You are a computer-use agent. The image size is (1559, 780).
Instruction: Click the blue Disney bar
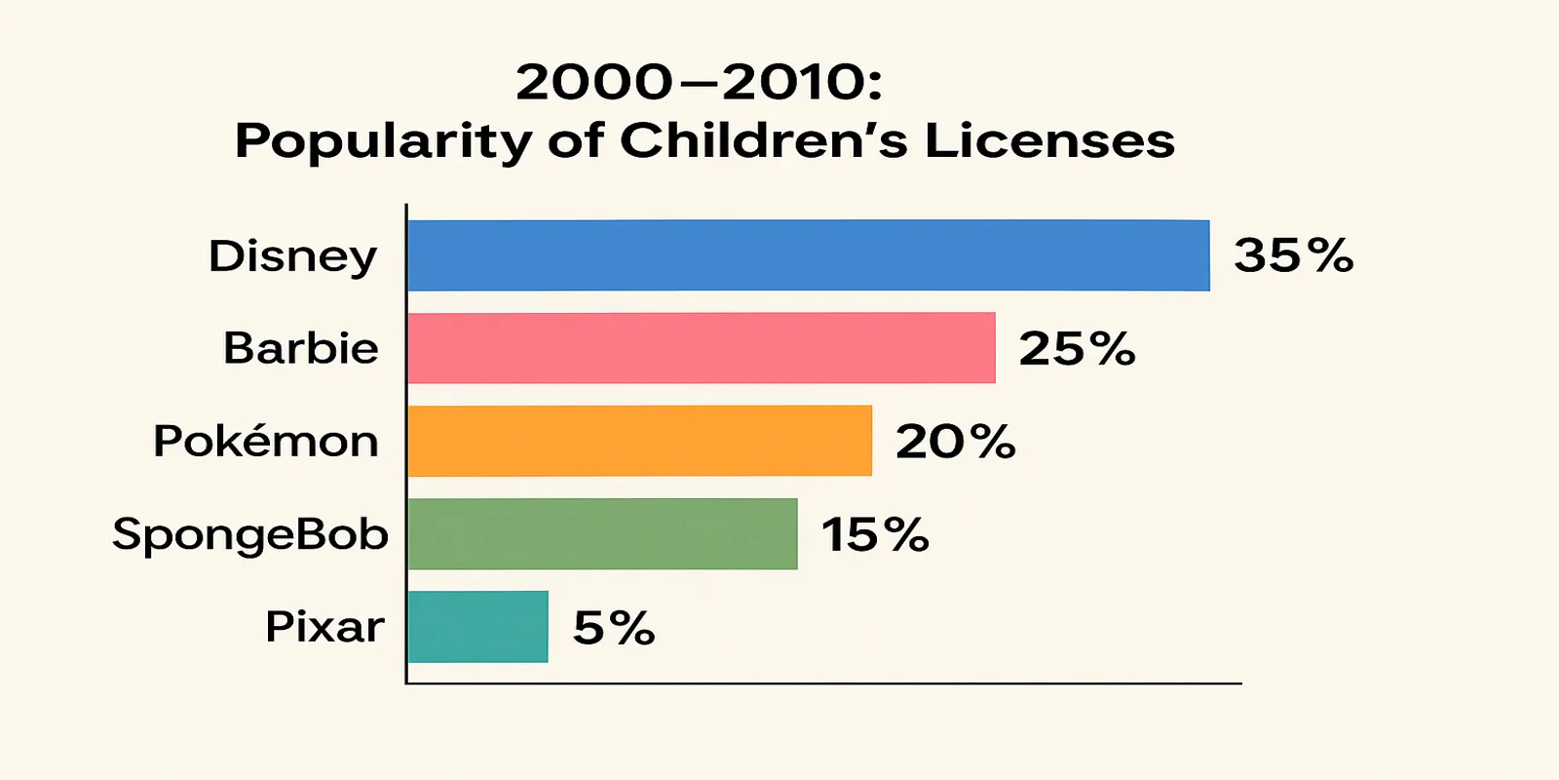[809, 255]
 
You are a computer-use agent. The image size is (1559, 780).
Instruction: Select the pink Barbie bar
[702, 348]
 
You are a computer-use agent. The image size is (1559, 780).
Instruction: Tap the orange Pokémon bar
[640, 441]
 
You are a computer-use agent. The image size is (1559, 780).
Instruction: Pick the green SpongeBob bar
[602, 533]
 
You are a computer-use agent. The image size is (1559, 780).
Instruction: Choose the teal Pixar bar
[477, 627]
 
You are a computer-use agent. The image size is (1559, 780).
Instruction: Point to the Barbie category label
[300, 348]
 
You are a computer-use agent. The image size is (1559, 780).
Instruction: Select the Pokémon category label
[265, 441]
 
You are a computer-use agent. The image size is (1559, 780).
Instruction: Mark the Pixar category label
[324, 627]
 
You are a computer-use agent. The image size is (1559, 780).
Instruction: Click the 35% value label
[1294, 255]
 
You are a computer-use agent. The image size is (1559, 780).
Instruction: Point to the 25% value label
[1077, 349]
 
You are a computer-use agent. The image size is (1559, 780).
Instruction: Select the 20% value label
[955, 442]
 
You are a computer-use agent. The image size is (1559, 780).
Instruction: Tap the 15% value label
[875, 534]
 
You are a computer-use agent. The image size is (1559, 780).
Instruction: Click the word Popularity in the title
[383, 142]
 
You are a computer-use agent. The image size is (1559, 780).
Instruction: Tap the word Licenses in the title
[1049, 140]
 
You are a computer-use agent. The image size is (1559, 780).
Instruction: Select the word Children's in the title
[764, 140]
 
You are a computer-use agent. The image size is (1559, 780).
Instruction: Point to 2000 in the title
[594, 83]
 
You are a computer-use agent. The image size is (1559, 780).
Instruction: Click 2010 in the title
[794, 83]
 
